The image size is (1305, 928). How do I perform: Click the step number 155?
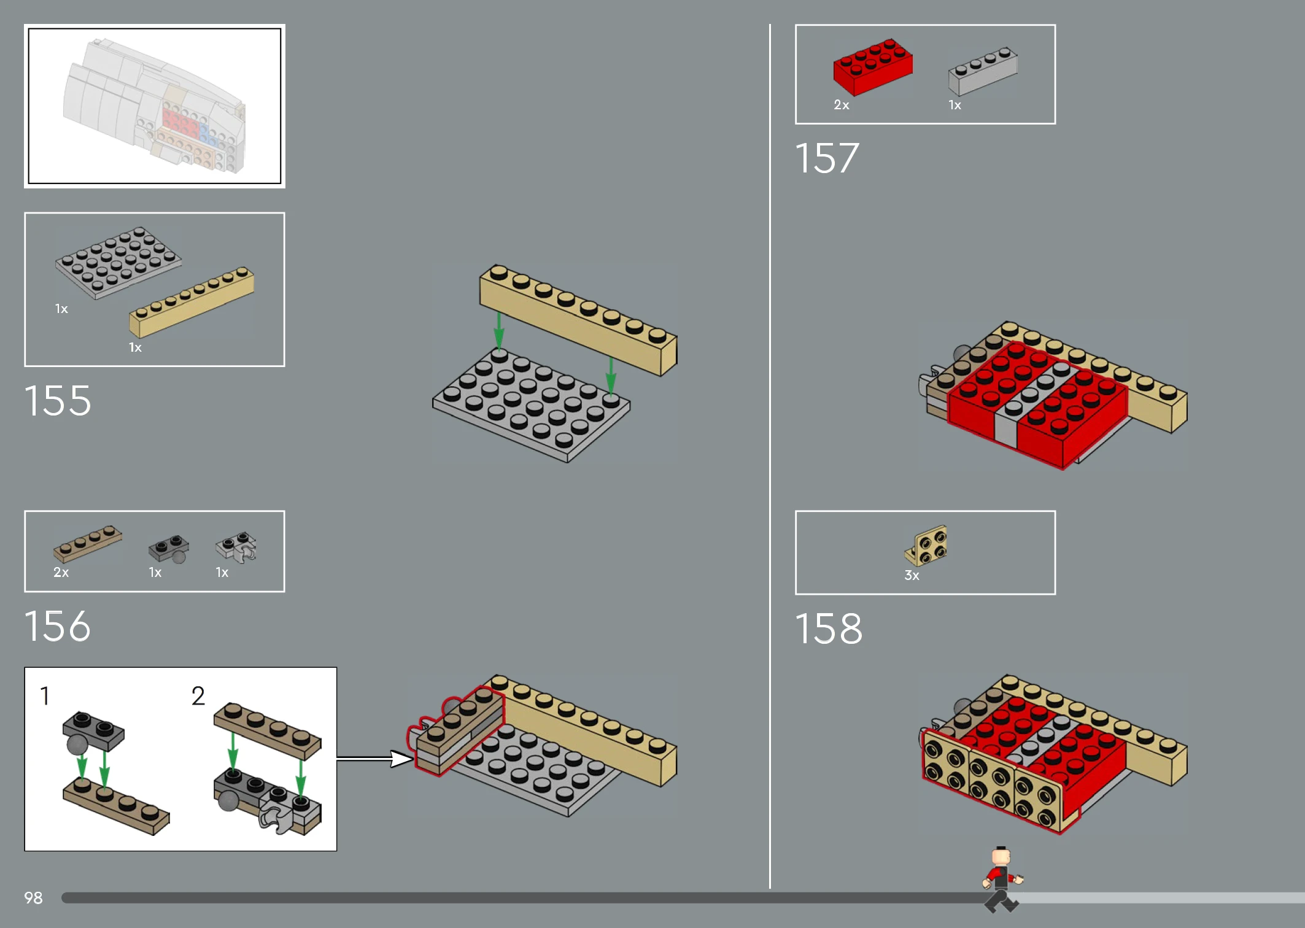coord(58,401)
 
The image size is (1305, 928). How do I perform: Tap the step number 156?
coord(58,626)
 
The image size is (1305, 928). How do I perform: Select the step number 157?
coord(827,158)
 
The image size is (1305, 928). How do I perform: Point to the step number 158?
coord(829,628)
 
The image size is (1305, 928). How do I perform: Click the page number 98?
coord(33,898)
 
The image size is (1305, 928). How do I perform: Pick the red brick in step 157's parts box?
coord(873,67)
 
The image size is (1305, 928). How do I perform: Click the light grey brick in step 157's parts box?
coord(983,71)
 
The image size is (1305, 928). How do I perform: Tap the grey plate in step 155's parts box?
coord(118,263)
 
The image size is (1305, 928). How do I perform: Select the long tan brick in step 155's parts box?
coord(192,302)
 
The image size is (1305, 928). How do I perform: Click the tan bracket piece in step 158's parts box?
coord(926,546)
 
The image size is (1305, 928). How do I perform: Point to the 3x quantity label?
coord(912,576)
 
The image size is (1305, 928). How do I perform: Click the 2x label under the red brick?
coord(842,105)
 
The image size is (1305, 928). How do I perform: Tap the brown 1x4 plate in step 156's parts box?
coord(88,544)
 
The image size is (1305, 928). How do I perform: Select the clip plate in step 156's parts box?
coord(236,546)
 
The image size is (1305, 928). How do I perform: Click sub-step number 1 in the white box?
coord(45,696)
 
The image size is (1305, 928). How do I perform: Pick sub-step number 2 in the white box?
coord(198,696)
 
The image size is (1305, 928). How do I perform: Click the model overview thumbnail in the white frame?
coord(155,106)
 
